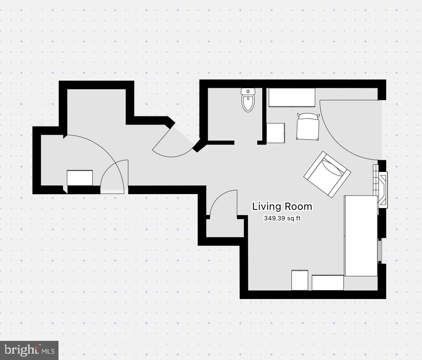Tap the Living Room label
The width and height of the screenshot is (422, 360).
pos(282,206)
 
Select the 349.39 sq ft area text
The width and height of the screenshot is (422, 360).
pos(282,218)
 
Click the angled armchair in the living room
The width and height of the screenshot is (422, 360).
pos(327,174)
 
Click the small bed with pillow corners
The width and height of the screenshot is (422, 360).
pos(308,127)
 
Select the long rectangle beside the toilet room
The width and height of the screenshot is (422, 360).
pos(292,98)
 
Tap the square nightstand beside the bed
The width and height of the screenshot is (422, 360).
pos(276,133)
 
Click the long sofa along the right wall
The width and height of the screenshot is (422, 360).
pos(360,235)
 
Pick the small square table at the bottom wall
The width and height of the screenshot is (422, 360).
pos(300,280)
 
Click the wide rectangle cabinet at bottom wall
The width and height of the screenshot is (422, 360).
pos(327,283)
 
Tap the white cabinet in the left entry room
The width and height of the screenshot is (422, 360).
pos(80,178)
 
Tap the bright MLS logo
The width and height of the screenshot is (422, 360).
pos(29,350)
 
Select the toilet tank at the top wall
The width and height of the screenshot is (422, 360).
pos(248,91)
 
